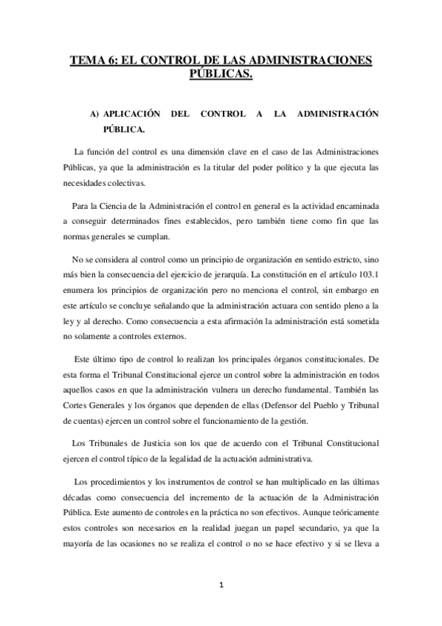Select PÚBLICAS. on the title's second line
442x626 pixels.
(221, 74)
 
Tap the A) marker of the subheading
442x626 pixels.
(94, 114)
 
